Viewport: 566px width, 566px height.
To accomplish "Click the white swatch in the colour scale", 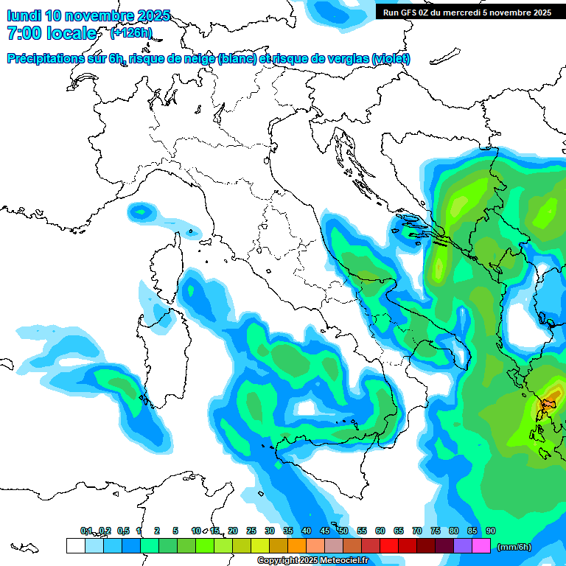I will (75, 546).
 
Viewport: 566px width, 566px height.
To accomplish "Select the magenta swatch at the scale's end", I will (481, 546).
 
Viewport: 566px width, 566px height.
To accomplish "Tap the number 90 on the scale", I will (491, 531).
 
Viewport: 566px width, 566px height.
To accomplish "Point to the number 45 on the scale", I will (325, 531).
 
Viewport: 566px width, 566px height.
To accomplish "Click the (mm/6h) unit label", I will (514, 547).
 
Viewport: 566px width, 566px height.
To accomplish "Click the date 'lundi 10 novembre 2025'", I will (88, 15).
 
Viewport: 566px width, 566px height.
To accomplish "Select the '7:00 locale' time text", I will (52, 33).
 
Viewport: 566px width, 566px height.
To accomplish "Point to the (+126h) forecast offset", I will (131, 33).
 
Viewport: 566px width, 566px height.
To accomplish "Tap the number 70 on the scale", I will (417, 531).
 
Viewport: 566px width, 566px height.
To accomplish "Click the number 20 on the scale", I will (233, 531).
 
